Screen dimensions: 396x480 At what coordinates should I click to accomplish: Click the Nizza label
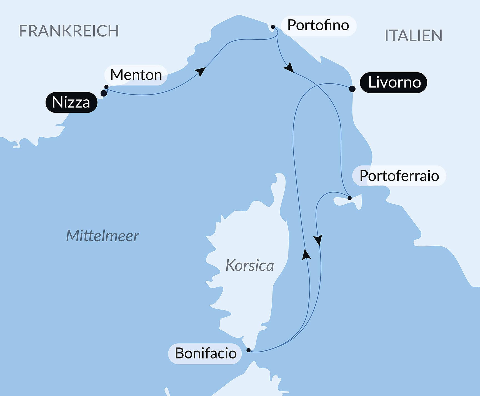click(x=71, y=102)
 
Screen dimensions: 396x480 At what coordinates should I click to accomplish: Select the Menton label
click(x=136, y=75)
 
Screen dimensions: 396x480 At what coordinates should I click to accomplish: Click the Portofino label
click(x=318, y=26)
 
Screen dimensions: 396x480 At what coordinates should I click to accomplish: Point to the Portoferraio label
click(x=399, y=176)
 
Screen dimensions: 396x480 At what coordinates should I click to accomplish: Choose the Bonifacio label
click(x=205, y=353)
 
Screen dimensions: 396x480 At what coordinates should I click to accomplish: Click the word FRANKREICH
click(x=69, y=31)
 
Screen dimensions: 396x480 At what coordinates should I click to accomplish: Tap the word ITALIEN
click(x=413, y=36)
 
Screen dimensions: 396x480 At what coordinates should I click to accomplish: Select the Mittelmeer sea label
click(x=102, y=236)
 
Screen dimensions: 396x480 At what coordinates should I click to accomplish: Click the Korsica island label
click(x=249, y=265)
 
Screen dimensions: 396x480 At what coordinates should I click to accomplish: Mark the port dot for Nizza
click(x=104, y=93)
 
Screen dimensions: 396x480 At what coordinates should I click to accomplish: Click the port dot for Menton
click(x=106, y=87)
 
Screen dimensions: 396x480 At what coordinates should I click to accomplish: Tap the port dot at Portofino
click(x=273, y=27)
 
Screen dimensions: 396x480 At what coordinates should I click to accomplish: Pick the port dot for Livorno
click(x=352, y=89)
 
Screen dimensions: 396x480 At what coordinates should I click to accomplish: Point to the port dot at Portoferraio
click(x=350, y=198)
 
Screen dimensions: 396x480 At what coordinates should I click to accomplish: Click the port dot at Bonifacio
click(x=249, y=350)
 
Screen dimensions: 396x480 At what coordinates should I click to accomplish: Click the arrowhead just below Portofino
click(x=289, y=68)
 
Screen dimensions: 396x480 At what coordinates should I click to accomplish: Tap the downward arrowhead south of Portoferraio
click(x=318, y=240)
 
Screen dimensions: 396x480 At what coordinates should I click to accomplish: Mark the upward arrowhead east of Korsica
click(x=306, y=254)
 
